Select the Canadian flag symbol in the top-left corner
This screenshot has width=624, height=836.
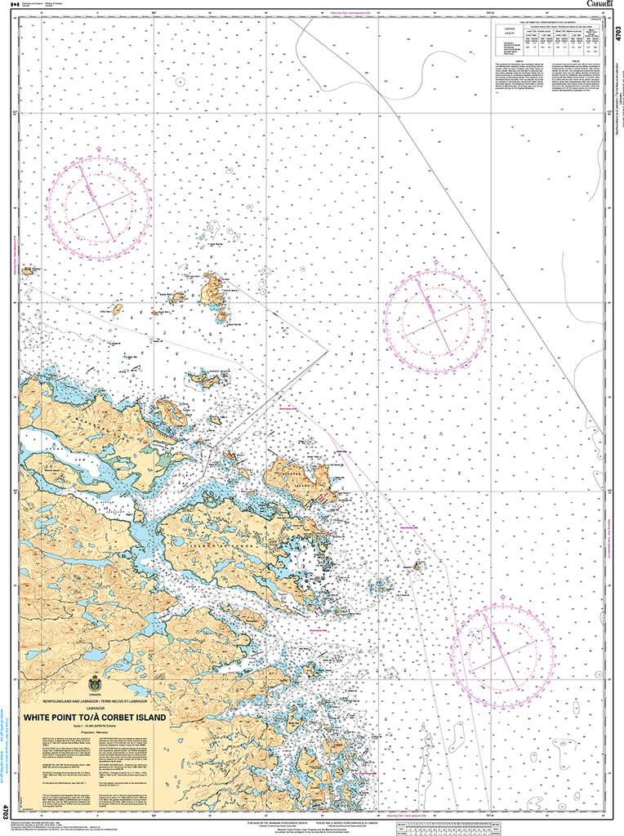coord(11,4)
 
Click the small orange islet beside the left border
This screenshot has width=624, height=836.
coord(27,270)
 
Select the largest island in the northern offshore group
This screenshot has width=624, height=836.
coord(215,291)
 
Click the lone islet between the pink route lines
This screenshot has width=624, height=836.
coord(417,565)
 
